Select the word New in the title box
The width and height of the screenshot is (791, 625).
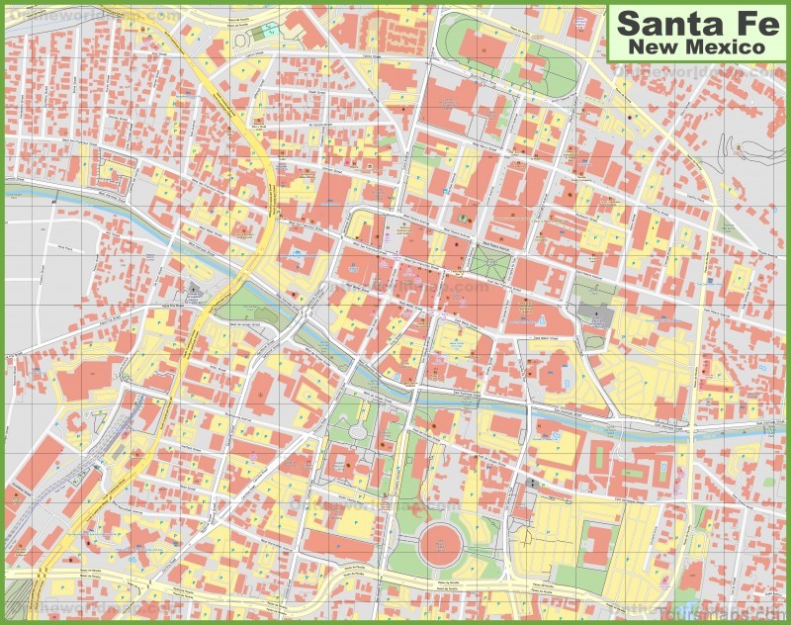coord(654,46)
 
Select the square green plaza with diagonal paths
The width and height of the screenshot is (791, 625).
coord(488,263)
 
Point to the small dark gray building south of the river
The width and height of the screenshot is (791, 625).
coord(533,484)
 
